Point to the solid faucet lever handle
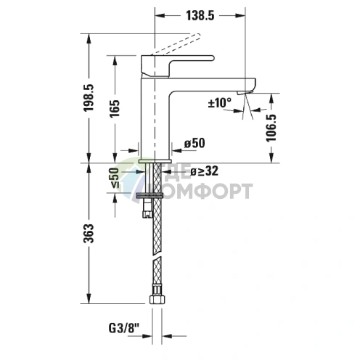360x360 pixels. [x=181, y=61]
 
